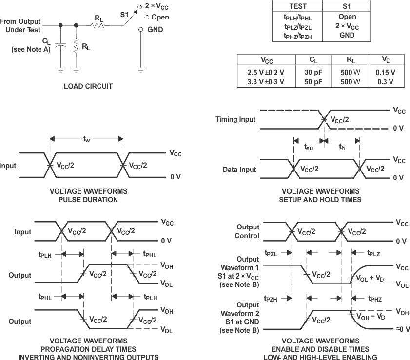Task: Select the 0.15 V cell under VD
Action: [385, 72]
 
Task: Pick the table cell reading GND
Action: [347, 35]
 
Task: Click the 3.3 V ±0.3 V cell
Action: [266, 82]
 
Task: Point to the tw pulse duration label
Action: [86, 139]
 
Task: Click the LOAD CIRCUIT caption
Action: [88, 86]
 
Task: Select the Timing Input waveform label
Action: [235, 119]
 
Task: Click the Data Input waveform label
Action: [239, 170]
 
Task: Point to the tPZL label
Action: [271, 253]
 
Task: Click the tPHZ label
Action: [375, 299]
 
